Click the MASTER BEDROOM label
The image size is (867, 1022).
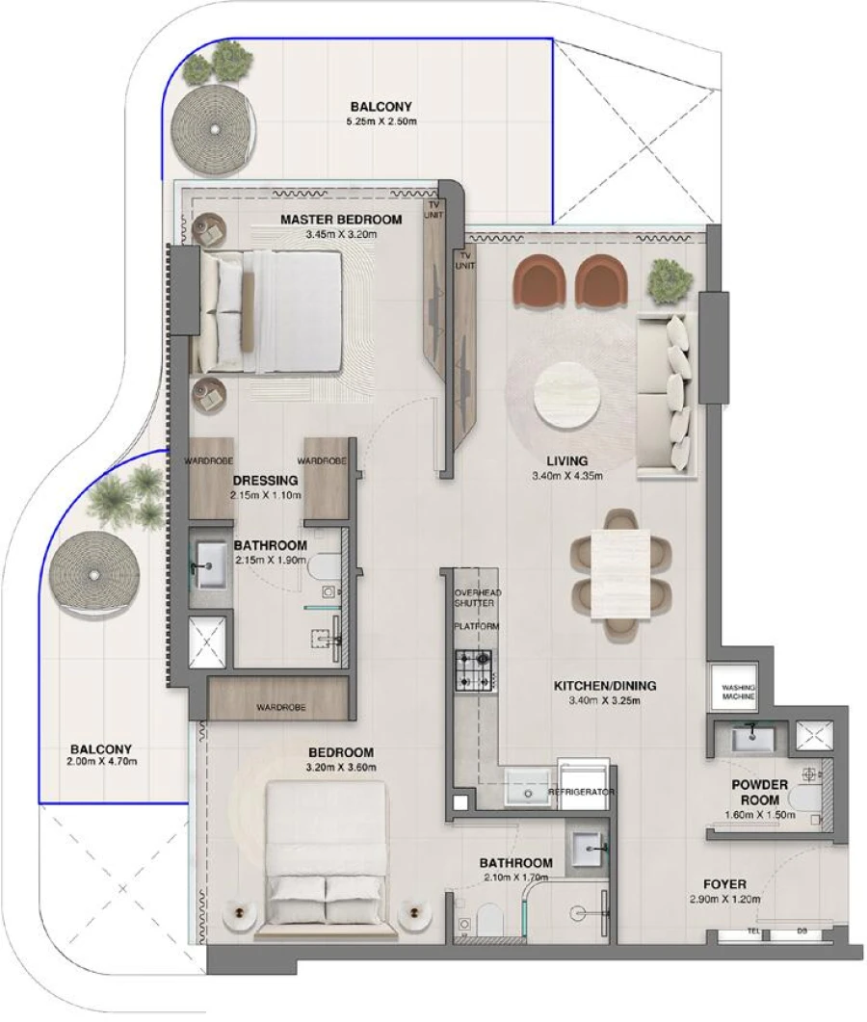(x=341, y=220)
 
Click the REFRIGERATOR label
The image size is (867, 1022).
(x=581, y=792)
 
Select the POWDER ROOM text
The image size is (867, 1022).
(x=758, y=793)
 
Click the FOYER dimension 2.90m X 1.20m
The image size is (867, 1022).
(x=725, y=899)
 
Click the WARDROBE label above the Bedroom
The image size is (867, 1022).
(x=280, y=707)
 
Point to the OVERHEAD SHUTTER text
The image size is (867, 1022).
(x=478, y=598)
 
